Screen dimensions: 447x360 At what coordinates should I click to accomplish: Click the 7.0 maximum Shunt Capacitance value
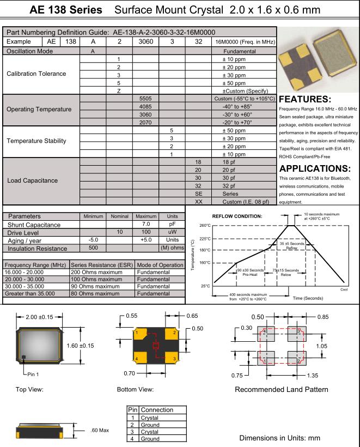coord(145,224)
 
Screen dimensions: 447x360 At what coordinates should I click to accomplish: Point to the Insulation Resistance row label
coord(36,249)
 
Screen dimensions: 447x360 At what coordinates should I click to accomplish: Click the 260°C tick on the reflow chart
coord(204,225)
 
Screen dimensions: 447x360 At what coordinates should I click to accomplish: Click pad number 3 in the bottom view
coord(173,359)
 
